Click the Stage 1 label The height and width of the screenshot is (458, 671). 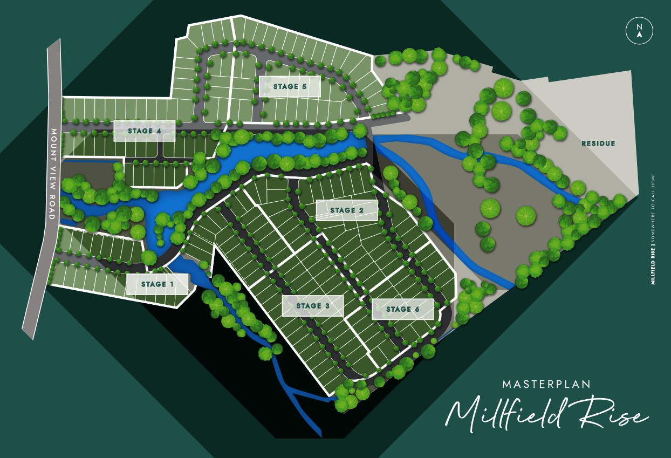tap(157, 284)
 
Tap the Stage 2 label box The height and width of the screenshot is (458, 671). tap(346, 210)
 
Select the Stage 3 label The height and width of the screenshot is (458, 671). tap(313, 306)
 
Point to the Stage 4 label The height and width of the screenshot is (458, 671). tap(144, 131)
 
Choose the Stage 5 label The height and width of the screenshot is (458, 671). tap(290, 86)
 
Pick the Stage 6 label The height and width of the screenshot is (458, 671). tap(402, 309)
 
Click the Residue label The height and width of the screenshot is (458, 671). tap(598, 143)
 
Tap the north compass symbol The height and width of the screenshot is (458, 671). tap(639, 31)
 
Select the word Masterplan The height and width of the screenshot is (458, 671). tap(546, 385)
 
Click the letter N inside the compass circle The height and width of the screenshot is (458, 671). tap(639, 26)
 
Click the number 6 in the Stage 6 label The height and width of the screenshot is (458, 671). tap(417, 309)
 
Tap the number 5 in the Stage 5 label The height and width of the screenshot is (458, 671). tap(305, 86)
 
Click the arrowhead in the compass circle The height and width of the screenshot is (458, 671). tap(639, 35)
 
